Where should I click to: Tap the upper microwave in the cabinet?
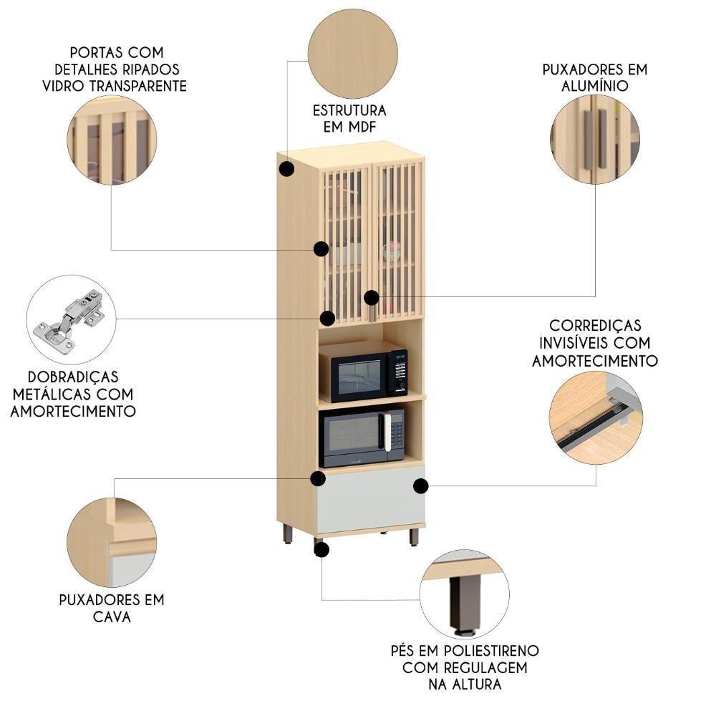click(x=363, y=372)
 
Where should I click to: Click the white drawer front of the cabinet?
click(x=370, y=498)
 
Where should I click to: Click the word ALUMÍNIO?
click(x=594, y=86)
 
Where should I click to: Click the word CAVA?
click(x=112, y=616)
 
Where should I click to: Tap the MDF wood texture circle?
click(x=352, y=54)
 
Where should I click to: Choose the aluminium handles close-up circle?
click(x=595, y=139)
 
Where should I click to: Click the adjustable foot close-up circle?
click(x=464, y=594)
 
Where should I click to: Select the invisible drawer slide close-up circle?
click(x=596, y=418)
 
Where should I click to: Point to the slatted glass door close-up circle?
click(x=112, y=140)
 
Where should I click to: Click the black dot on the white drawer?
click(x=421, y=486)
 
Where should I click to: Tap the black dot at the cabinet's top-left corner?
click(x=286, y=169)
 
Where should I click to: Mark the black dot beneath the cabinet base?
click(x=321, y=549)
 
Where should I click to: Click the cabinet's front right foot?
click(x=414, y=536)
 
